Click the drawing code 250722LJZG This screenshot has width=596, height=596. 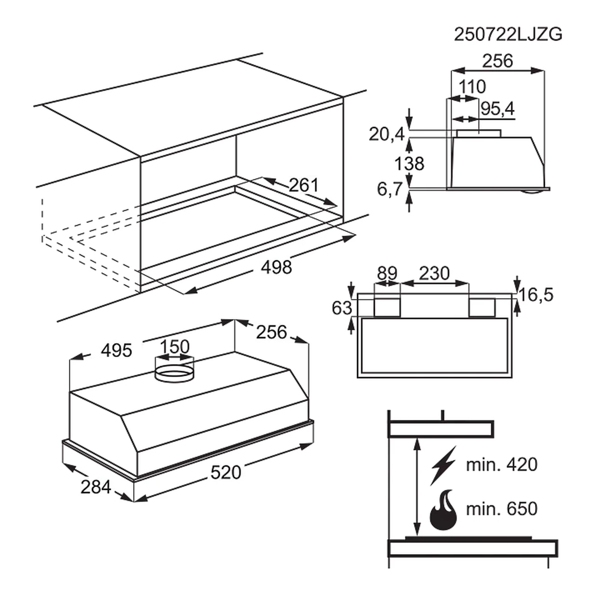tap(508, 34)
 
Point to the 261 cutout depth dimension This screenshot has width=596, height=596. tap(304, 185)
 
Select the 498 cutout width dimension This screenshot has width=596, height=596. tap(277, 267)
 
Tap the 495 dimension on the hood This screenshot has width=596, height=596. tap(116, 351)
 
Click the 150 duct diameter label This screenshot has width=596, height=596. tap(175, 346)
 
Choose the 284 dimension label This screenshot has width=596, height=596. tap(95, 487)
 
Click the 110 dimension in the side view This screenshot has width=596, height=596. tap(472, 87)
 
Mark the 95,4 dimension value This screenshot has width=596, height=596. tap(498, 108)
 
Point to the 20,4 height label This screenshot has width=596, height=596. tap(386, 134)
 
